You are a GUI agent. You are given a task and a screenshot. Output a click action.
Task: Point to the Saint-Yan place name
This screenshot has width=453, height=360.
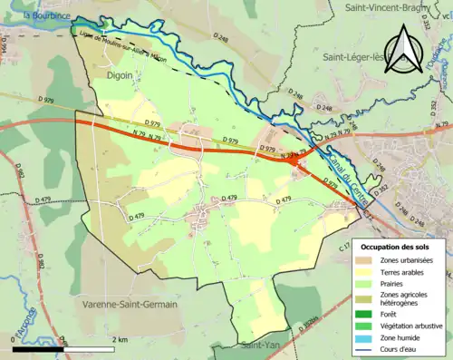coord(263,345)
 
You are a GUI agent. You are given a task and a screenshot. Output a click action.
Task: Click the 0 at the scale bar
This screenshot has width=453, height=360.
coord(15,338)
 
